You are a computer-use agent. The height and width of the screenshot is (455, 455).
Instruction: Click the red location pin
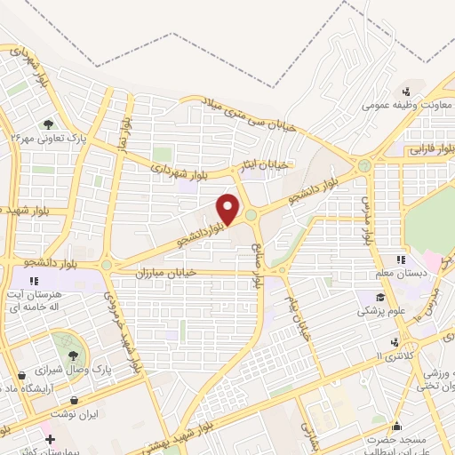pyautogui.click(x=228, y=207)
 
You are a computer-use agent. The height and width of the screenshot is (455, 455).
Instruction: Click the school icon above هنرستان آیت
pyautogui.click(x=35, y=283)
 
